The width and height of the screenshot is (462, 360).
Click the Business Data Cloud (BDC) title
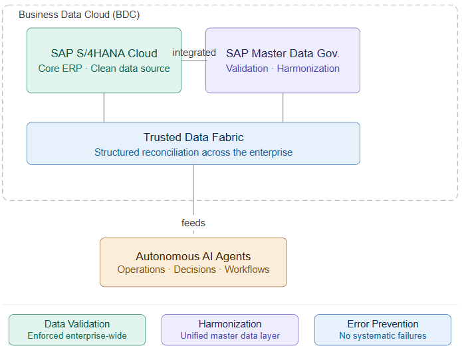pyautogui.click(x=79, y=15)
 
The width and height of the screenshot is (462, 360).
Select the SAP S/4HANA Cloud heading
pyautogui.click(x=104, y=53)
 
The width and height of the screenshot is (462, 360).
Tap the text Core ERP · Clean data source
pyautogui.click(x=104, y=69)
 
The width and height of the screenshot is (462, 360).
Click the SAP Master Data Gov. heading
pyautogui.click(x=283, y=53)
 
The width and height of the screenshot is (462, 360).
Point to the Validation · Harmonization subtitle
pyautogui.click(x=283, y=69)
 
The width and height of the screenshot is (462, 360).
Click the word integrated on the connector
pyautogui.click(x=194, y=53)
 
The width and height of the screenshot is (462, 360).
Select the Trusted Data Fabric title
pyautogui.click(x=193, y=137)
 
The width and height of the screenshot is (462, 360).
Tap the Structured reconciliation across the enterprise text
pyautogui.click(x=193, y=152)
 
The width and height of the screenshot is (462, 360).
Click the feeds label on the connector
pyautogui.click(x=193, y=223)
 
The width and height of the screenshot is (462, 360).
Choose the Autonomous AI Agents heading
pyautogui.click(x=193, y=256)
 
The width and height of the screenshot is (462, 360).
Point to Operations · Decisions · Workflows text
pyautogui.click(x=193, y=270)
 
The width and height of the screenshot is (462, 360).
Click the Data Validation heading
pyautogui.click(x=77, y=324)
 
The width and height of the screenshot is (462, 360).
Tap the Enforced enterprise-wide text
pyautogui.click(x=77, y=335)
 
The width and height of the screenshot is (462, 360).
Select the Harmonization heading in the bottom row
pyautogui.click(x=230, y=324)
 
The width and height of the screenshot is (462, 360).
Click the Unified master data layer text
pyautogui.click(x=230, y=335)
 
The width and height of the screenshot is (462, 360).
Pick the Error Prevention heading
pyautogui.click(x=383, y=324)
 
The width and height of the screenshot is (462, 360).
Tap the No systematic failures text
pyautogui.click(x=383, y=335)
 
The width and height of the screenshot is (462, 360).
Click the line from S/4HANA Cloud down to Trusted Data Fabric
pyautogui.click(x=104, y=108)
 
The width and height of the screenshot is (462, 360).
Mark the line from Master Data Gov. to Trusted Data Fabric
pyautogui.click(x=283, y=108)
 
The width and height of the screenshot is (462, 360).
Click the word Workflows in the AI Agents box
pyautogui.click(x=247, y=270)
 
